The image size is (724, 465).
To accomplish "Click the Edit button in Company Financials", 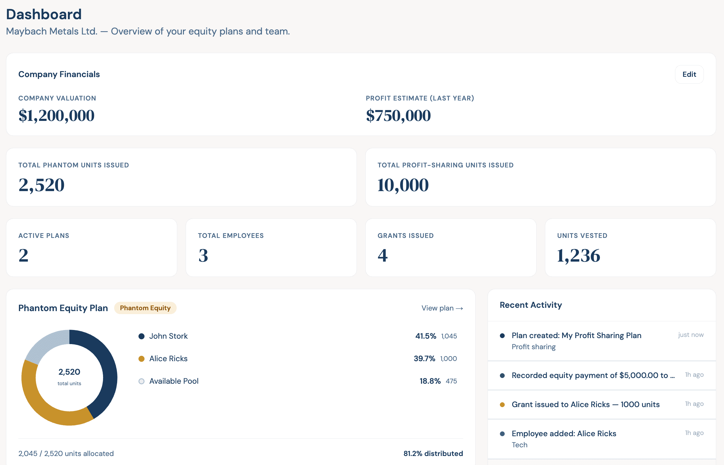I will click(x=689, y=74).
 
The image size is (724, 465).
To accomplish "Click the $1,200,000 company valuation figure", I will click(x=56, y=115).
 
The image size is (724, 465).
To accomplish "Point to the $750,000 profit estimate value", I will click(x=398, y=115).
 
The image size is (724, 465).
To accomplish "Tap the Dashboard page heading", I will click(x=44, y=14).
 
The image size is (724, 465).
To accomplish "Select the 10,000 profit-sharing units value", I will click(x=403, y=185).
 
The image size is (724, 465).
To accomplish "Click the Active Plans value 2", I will click(x=23, y=255).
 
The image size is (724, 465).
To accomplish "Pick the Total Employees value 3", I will click(x=203, y=255).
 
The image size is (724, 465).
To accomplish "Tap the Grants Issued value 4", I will click(x=382, y=255).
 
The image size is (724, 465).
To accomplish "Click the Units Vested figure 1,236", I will click(x=578, y=255).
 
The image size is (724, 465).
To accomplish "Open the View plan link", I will click(x=442, y=308).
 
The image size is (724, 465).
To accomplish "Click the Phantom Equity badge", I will click(x=145, y=308).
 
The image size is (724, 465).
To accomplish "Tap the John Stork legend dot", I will click(x=141, y=336).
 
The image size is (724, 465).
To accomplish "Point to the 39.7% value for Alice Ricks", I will click(x=424, y=358).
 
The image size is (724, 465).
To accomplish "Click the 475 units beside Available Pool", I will click(x=451, y=381).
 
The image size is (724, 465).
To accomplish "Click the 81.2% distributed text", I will click(x=433, y=453).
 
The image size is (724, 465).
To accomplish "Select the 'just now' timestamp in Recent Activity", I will click(x=690, y=334).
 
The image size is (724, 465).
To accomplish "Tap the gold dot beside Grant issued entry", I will click(x=502, y=405).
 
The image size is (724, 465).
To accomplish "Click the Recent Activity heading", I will click(x=531, y=305).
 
